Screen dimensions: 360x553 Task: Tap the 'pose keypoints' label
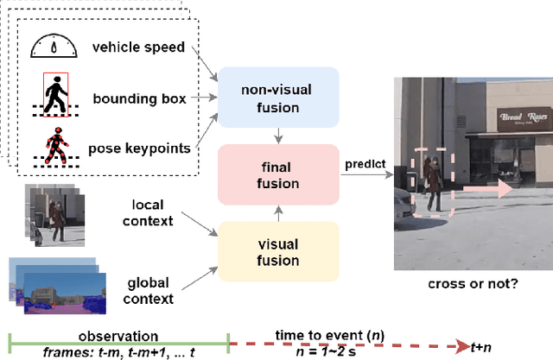click(142, 148)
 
